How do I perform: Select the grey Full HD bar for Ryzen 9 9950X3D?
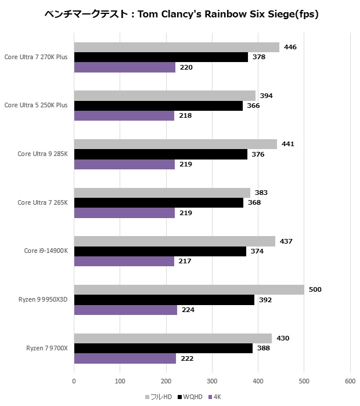[189, 289]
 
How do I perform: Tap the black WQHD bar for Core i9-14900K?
[160, 251]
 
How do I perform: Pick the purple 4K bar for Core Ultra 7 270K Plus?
[125, 67]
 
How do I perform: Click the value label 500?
[315, 289]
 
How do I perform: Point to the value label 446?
[291, 47]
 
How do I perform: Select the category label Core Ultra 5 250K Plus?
[36, 106]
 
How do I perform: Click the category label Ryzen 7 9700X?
[47, 348]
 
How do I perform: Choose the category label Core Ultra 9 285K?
[43, 154]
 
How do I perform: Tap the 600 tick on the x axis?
[350, 381]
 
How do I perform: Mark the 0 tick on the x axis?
[74, 381]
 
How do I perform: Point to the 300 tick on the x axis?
[212, 381]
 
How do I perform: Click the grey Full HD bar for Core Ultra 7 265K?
[162, 193]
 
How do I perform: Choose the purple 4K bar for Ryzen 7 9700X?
[125, 358]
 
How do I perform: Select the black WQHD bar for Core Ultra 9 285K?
[161, 154]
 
